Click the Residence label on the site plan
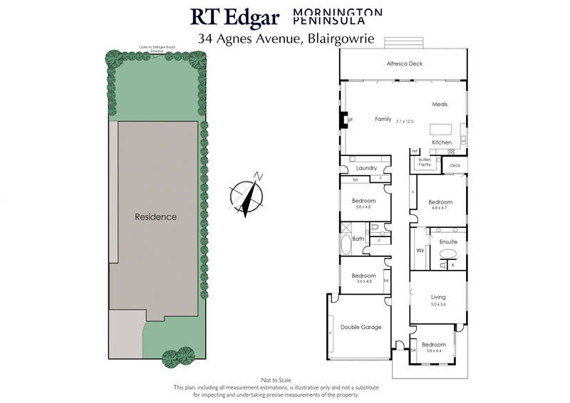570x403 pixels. click(155, 217)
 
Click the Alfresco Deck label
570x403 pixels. click(405, 64)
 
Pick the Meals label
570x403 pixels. click(440, 105)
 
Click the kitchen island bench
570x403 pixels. click(441, 130)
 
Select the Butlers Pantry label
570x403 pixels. click(425, 162)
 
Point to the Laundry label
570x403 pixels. click(366, 168)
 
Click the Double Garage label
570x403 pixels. click(361, 328)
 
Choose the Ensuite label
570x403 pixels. click(448, 242)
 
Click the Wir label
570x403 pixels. click(420, 251)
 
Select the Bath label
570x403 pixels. click(358, 239)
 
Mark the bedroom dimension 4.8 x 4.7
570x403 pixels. click(442, 209)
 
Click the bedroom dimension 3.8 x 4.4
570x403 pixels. click(435, 351)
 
